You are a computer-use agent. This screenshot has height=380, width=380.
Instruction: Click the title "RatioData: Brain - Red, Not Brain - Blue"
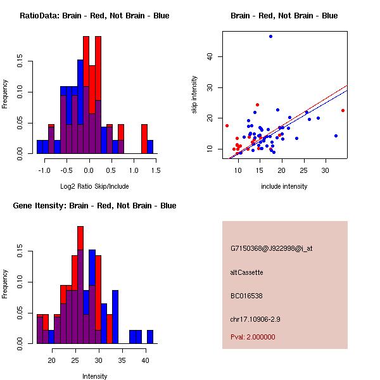(x=94, y=16)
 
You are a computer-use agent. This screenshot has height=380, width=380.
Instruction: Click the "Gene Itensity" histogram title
(x=94, y=206)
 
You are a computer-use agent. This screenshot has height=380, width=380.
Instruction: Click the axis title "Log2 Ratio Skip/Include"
(x=94, y=186)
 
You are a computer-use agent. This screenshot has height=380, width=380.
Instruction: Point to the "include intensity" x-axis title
(x=284, y=186)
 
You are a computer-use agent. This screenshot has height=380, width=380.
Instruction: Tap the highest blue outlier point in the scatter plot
(x=270, y=37)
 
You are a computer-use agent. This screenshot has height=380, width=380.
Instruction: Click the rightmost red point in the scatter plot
(x=343, y=110)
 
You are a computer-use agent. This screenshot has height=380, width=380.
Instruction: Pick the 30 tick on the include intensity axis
(x=326, y=170)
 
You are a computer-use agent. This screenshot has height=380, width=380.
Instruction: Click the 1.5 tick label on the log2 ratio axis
(x=156, y=170)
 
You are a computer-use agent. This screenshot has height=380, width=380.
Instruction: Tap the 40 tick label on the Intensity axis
(x=144, y=360)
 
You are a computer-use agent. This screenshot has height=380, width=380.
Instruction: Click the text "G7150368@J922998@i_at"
(x=271, y=248)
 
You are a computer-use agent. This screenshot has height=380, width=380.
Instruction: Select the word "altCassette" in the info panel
(x=246, y=272)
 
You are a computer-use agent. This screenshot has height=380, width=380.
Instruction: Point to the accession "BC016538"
(x=246, y=296)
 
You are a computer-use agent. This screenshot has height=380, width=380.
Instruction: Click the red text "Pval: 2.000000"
(x=253, y=337)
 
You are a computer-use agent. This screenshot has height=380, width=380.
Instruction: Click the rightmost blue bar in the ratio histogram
(x=150, y=147)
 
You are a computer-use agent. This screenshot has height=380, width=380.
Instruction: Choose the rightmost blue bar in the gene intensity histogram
(x=150, y=337)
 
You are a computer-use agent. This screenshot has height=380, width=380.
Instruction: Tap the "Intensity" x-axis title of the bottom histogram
(x=94, y=376)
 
